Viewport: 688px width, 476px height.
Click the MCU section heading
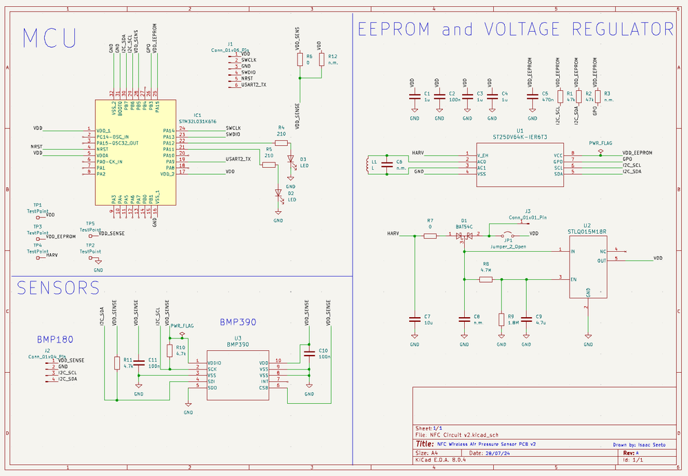pyautogui.click(x=50, y=38)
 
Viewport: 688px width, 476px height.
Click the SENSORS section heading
pyautogui.click(x=59, y=287)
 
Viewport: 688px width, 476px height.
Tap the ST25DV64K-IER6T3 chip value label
pyautogui.click(x=520, y=136)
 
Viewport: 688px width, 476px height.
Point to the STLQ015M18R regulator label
pyautogui.click(x=587, y=232)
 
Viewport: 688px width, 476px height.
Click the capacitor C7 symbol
pyautogui.click(x=415, y=319)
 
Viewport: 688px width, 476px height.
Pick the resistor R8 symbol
pyautogui.click(x=486, y=279)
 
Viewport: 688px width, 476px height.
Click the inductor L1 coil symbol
pyautogui.click(x=366, y=165)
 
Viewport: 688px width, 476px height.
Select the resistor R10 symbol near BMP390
pyautogui.click(x=170, y=351)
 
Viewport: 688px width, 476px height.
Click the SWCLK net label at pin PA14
pyautogui.click(x=233, y=128)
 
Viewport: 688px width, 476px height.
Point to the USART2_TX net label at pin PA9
pyautogui.click(x=238, y=160)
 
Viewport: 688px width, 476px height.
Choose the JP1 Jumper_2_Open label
pyautogui.click(x=508, y=246)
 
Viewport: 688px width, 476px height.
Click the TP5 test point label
pyautogui.click(x=90, y=224)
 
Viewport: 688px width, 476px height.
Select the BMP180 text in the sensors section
pyautogui.click(x=56, y=339)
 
